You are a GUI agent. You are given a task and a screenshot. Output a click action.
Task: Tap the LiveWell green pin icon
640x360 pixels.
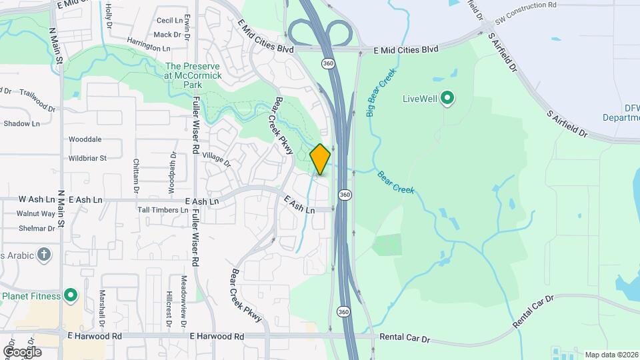448,99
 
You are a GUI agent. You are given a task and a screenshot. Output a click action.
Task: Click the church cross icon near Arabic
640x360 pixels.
44,254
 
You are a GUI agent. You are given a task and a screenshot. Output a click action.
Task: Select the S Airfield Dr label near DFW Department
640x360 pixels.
568,125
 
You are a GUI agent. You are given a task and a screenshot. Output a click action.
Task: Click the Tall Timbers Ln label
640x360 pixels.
162,210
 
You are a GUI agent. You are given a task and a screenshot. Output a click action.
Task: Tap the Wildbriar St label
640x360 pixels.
87,158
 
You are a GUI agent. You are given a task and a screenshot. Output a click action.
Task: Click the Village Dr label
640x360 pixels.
216,159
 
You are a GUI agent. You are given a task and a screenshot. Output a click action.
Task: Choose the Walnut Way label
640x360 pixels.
36,213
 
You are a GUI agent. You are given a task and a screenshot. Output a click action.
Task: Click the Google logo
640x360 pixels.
22,351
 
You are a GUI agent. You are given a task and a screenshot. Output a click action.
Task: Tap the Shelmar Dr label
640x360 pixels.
36,228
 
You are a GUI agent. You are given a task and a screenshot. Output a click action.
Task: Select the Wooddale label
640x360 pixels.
85,139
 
